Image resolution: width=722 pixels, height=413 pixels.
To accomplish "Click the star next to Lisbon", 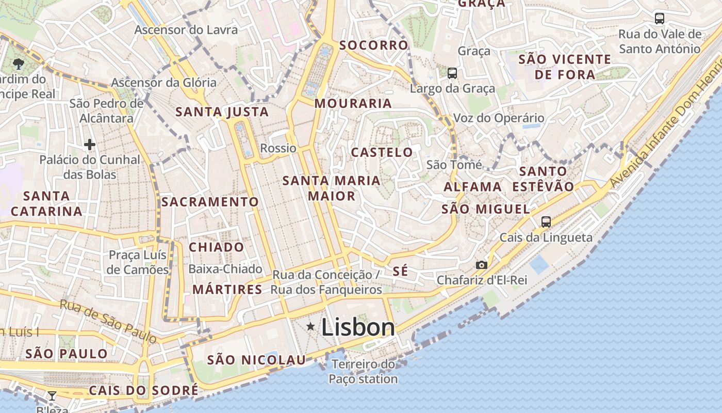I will [x=310, y=326].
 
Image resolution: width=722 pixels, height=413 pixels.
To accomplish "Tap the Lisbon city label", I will [x=358, y=327].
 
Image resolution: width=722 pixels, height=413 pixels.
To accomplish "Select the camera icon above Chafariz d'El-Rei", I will [x=481, y=265].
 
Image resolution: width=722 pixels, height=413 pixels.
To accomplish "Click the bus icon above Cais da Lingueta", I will [x=546, y=222].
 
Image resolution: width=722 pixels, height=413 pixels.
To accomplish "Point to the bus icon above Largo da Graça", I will [x=452, y=73].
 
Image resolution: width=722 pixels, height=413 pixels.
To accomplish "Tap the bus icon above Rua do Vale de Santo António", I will [x=659, y=19].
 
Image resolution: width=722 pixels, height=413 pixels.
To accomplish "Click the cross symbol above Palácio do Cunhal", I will [x=90, y=145].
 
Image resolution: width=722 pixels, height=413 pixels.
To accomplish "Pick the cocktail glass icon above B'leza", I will [x=52, y=396].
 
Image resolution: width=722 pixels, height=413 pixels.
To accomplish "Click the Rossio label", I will [x=278, y=148].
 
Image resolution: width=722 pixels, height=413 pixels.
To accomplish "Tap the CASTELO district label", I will [x=382, y=152].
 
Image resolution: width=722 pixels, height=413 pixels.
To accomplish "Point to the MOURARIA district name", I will [x=353, y=103].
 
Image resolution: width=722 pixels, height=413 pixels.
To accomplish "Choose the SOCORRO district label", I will [x=374, y=45].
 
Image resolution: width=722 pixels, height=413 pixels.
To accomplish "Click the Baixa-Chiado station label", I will [x=225, y=269].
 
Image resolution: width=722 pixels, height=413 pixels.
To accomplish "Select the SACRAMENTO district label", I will [x=210, y=202].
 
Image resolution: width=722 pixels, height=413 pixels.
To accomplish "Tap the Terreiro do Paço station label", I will [x=364, y=372].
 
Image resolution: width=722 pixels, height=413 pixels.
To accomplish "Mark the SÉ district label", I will [x=400, y=272].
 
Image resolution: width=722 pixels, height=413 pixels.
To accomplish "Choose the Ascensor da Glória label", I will [x=164, y=83].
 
